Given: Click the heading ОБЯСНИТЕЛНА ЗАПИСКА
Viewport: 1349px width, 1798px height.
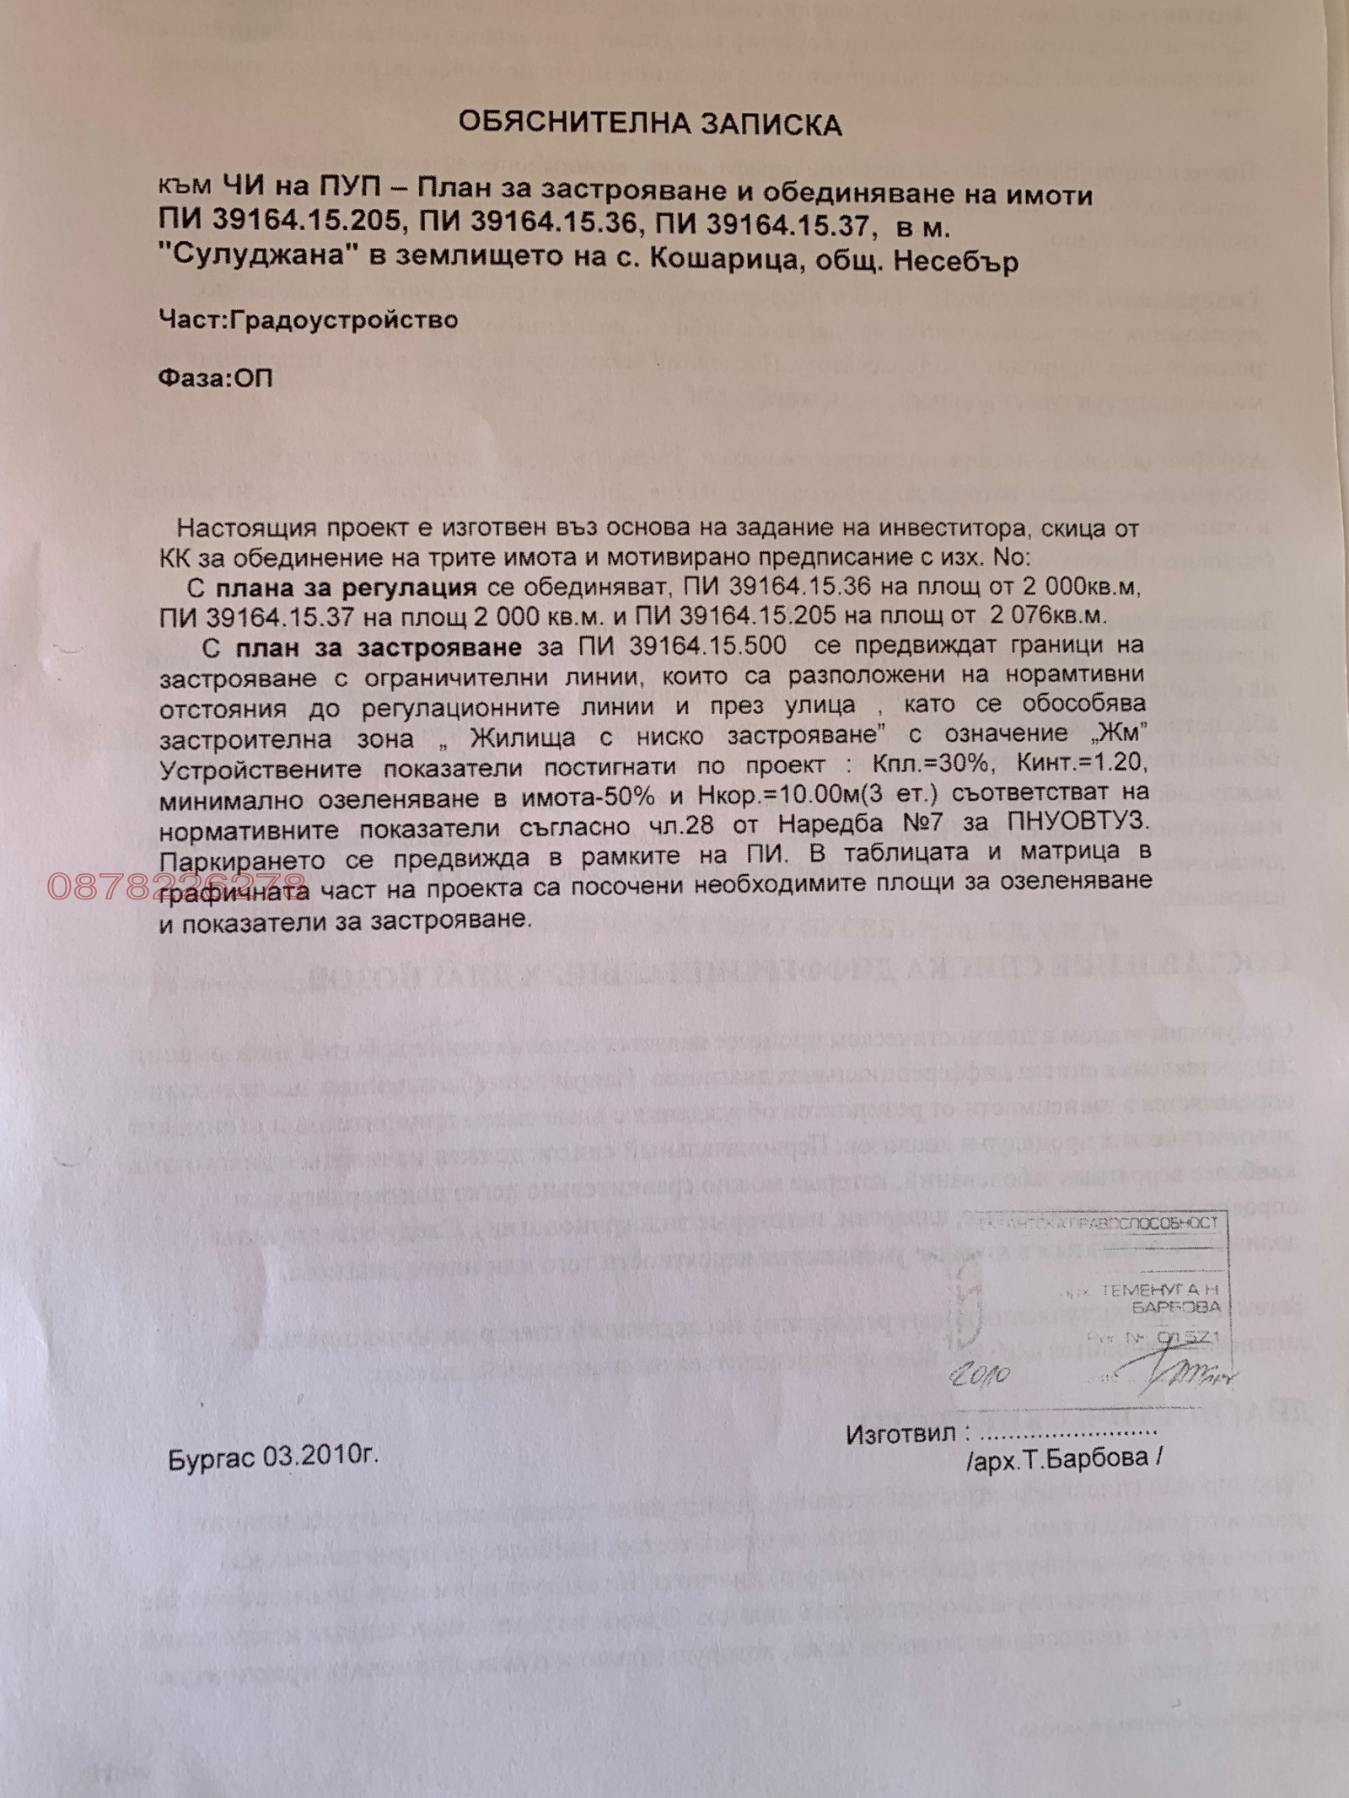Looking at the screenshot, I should (x=649, y=125).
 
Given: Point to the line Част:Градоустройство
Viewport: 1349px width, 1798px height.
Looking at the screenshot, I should (x=309, y=319).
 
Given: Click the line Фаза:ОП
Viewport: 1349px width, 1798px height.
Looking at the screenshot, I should (x=216, y=377).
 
